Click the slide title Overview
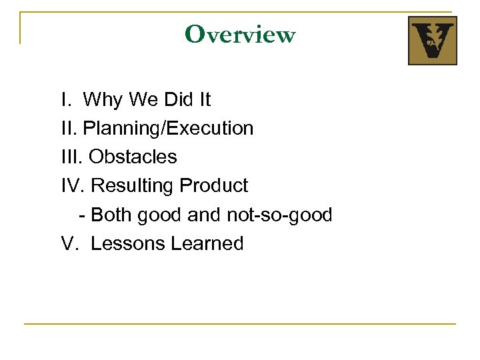(x=240, y=33)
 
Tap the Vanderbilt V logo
(x=432, y=41)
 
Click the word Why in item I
(x=103, y=100)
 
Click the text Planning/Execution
(x=169, y=129)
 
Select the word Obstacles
(x=133, y=157)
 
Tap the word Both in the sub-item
(x=109, y=215)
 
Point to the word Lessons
(x=127, y=243)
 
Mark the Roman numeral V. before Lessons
(x=69, y=243)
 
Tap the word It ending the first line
(x=204, y=100)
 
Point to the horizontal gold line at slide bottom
(x=240, y=324)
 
